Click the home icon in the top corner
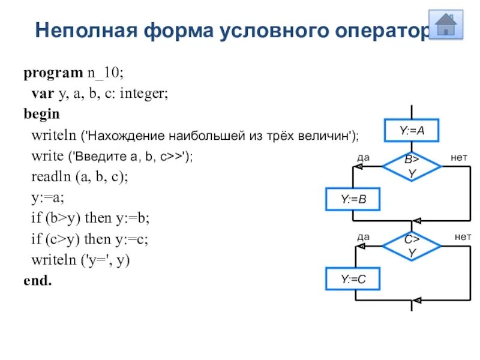[446, 25]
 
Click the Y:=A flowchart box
[412, 130]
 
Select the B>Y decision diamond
[412, 166]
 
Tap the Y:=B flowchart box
[353, 199]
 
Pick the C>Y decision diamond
[412, 245]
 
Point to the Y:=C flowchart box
[353, 279]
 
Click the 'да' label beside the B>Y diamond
[364, 157]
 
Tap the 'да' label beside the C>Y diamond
[364, 236]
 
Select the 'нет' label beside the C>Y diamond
[462, 236]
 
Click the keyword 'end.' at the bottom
[37, 280]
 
